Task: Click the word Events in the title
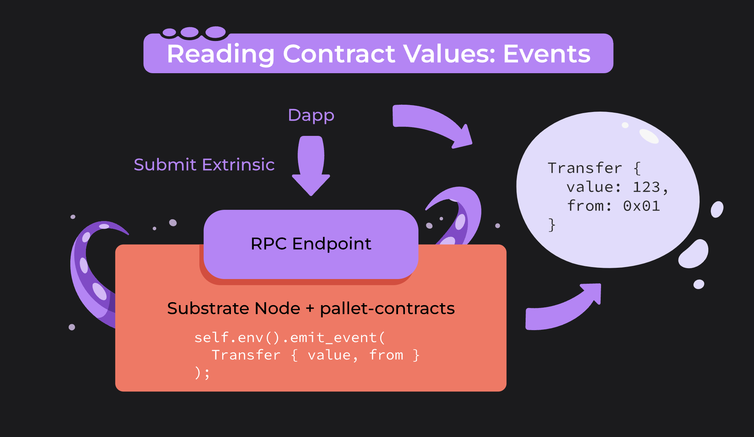pos(547,54)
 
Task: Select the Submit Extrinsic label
pos(204,165)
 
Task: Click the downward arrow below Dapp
pos(311,165)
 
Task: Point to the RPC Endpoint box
pos(311,244)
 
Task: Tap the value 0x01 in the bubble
pos(641,206)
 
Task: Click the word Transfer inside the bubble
pos(585,168)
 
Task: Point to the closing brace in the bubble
pos(552,225)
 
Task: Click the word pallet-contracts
pos(387,309)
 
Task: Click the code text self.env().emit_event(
pos(289,337)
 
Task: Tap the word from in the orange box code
pos(386,355)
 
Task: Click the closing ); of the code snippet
pos(202,373)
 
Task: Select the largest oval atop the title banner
pos(216,32)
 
